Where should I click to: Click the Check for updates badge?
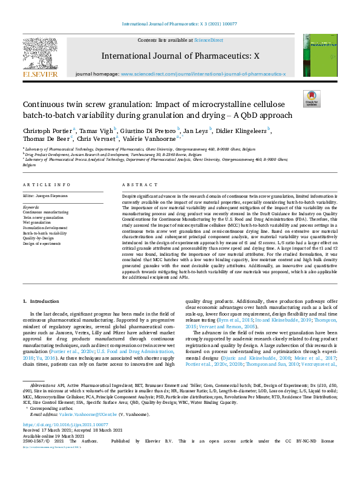tap(311, 98)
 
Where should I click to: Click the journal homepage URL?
tap(203, 74)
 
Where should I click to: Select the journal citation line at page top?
tap(180, 24)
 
